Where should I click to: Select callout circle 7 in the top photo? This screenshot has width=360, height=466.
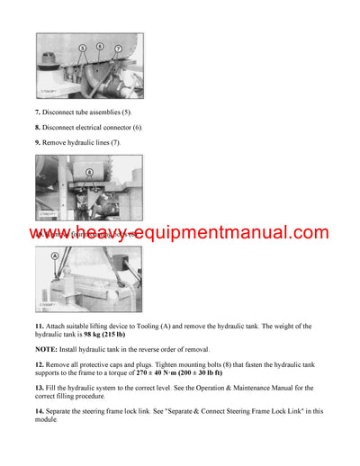click(x=117, y=47)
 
